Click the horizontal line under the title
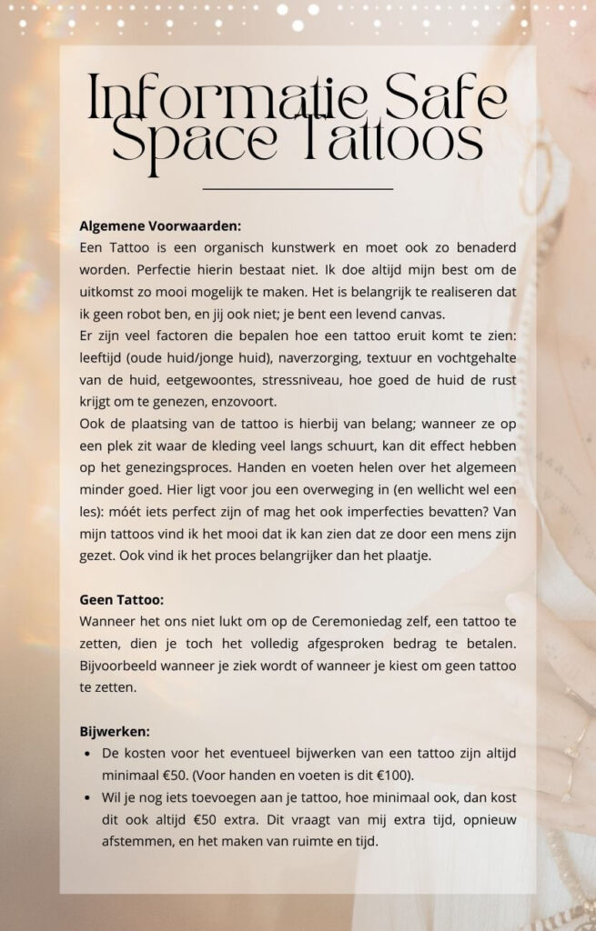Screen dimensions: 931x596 tap(298, 188)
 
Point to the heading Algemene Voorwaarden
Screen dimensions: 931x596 tap(160, 225)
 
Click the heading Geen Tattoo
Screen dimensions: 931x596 tap(122, 600)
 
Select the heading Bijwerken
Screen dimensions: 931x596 tap(115, 731)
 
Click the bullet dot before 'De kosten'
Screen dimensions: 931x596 tap(86, 754)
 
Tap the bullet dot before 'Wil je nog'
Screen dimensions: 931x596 tap(86, 797)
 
